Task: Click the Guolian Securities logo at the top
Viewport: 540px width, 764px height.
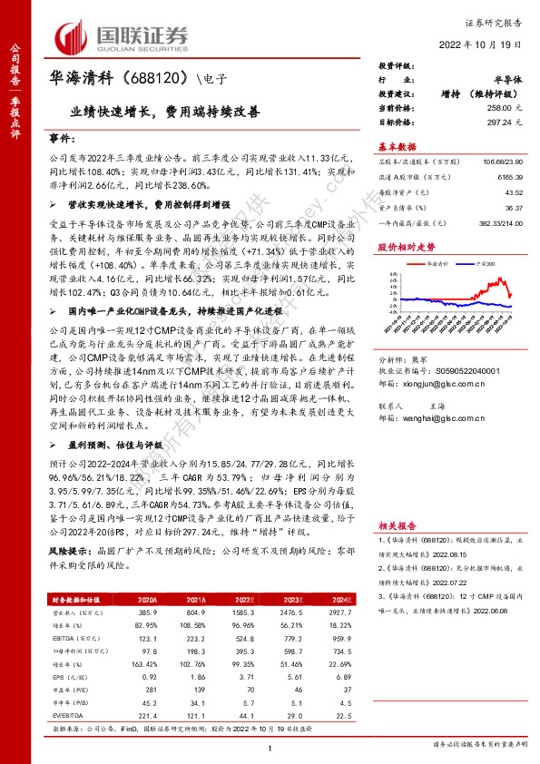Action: click(x=123, y=36)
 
